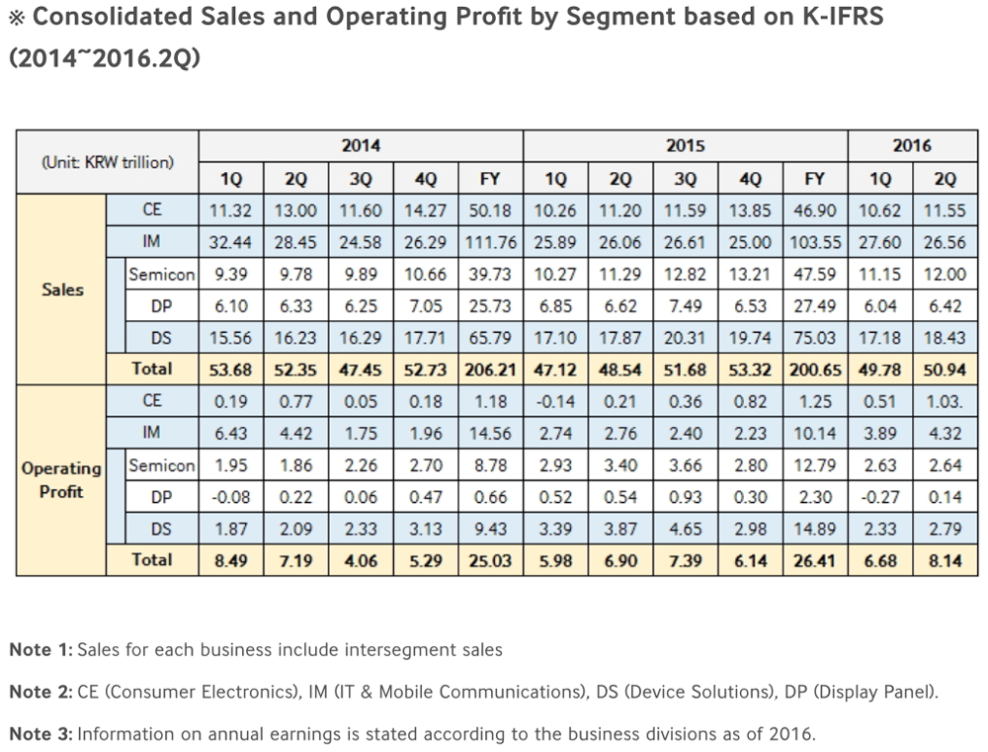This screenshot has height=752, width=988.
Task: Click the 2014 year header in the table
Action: pos(361,146)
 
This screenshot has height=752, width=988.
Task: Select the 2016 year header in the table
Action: pos(912,146)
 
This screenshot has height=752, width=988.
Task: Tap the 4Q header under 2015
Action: pos(751,179)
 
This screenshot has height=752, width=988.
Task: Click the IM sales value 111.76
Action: pos(490,242)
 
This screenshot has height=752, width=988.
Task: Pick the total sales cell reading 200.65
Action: pos(814,370)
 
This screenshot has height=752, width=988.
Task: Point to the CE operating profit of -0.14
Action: pos(555,401)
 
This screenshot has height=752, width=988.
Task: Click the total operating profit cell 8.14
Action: pos(946,560)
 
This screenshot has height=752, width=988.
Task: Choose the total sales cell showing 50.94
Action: pos(946,370)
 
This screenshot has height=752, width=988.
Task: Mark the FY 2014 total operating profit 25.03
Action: pos(490,560)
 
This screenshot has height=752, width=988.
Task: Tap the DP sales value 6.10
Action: pos(230,306)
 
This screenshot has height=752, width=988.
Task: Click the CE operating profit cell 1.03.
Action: pos(946,401)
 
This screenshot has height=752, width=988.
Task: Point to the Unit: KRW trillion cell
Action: pos(108,162)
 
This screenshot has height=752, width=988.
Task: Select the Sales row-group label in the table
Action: pos(62,290)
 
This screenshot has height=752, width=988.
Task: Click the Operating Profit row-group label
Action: pos(61,480)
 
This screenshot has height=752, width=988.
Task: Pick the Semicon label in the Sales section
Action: pos(161,274)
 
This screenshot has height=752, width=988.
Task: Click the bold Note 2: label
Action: pos(41,692)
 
